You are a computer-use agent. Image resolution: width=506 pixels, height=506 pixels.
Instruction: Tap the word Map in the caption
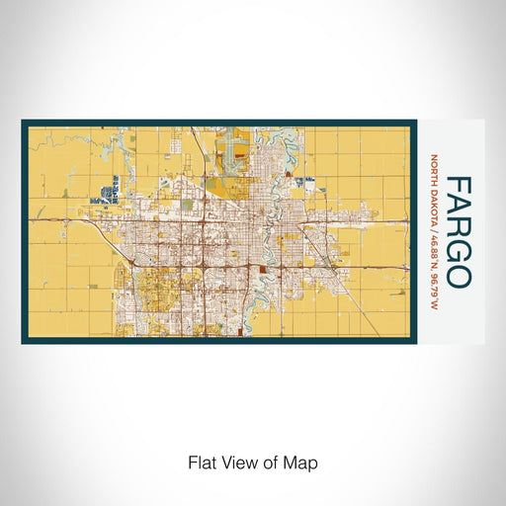pyautogui.click(x=303, y=463)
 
